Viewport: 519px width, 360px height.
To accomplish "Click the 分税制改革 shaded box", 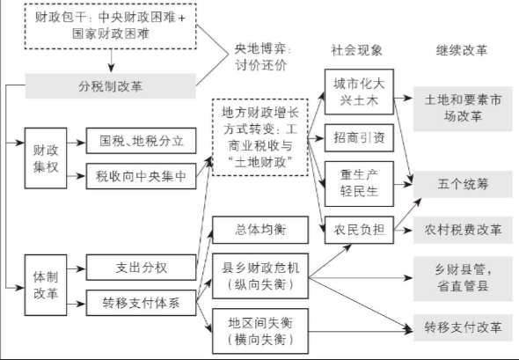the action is coord(111,85).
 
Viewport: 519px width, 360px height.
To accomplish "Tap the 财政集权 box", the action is coord(46,158).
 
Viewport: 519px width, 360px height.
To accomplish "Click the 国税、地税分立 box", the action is coord(141,141).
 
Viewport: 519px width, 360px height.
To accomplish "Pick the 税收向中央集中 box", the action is coord(141,176).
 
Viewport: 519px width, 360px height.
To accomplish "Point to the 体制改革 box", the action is coord(46,285).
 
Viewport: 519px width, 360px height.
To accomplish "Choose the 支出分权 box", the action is coord(141,268).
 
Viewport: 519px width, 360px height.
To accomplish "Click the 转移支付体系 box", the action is coord(141,303).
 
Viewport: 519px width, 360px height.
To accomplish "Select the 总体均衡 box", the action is coord(260,230).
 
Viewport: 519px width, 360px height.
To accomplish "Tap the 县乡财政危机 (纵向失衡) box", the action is coord(260,276).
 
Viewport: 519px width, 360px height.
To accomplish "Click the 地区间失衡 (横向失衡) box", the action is coord(260,331).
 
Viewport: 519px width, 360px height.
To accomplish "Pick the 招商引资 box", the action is coord(359,138).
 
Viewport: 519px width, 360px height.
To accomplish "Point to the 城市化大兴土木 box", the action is coord(359,92).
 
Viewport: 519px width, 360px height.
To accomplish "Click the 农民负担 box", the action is coord(359,230).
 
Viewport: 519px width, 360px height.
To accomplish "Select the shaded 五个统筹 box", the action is coord(463,184).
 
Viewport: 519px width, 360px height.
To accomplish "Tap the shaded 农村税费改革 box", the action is coord(463,230).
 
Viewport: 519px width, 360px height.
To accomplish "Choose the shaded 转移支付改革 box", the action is coord(463,327).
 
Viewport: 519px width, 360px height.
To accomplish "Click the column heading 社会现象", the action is coord(356,50).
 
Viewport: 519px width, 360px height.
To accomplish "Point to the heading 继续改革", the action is coord(462,50).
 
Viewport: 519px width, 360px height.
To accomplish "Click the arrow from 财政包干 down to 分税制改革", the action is coord(111,61).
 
